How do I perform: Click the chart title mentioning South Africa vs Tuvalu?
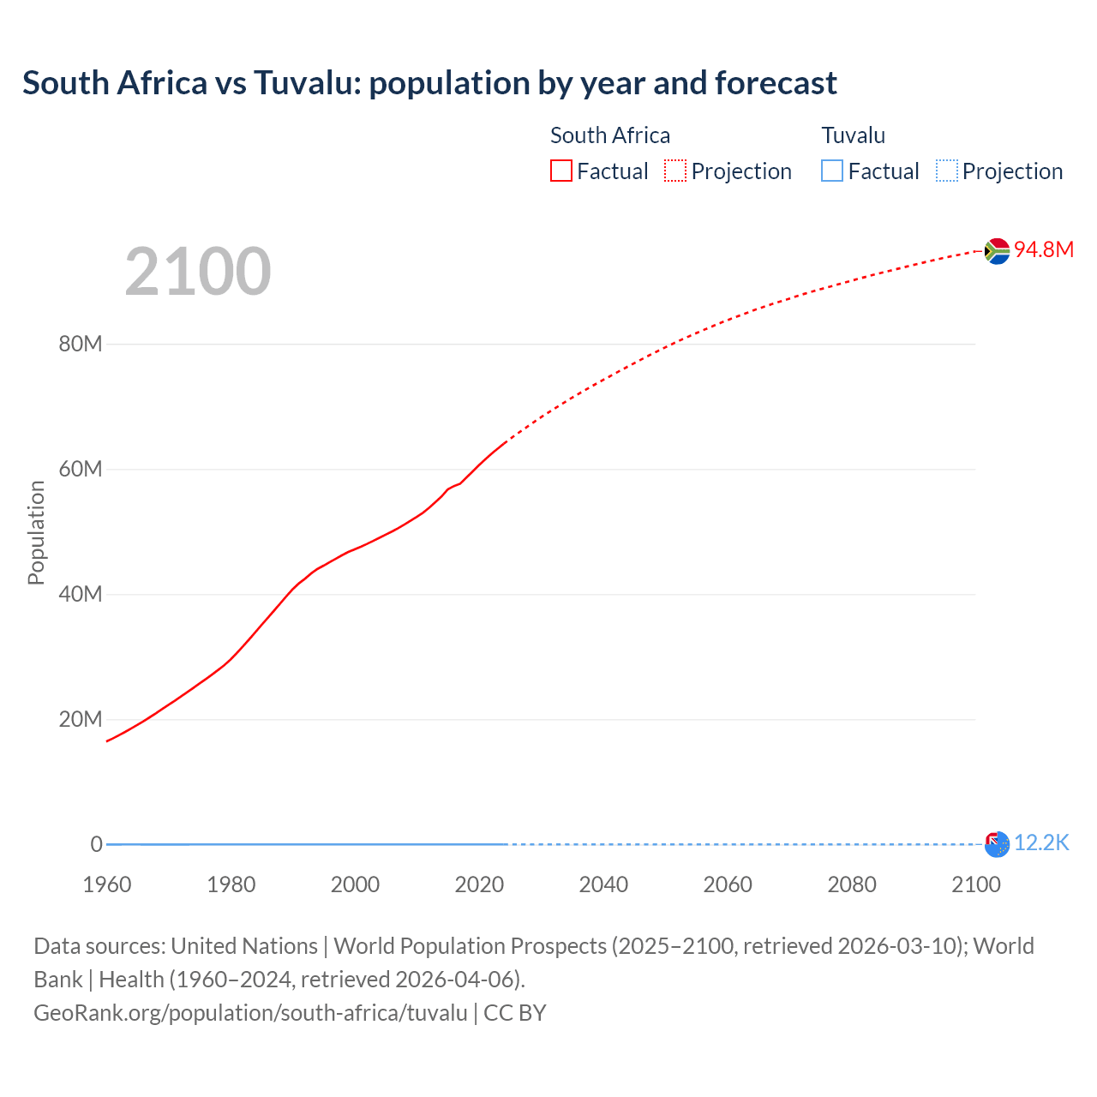coord(429,83)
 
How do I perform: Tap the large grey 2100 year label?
coord(198,272)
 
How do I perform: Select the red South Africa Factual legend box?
coord(561,171)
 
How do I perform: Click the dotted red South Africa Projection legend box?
coord(675,171)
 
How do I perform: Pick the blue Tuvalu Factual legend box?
coord(832,171)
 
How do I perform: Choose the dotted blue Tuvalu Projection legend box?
coord(947,171)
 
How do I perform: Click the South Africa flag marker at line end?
coord(997,250)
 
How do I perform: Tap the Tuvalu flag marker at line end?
coord(997,844)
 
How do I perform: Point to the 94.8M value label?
coord(1044,249)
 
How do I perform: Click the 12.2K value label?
coord(1041,843)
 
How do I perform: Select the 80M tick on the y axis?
coord(81,345)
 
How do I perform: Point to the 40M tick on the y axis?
coord(81,595)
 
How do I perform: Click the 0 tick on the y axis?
coord(96,844)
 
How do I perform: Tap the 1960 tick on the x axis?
coord(107,884)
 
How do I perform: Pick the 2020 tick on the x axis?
coord(479,884)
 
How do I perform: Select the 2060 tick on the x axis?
coord(728,884)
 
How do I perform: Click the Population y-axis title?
coord(36,532)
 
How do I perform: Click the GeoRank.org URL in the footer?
coord(250,1013)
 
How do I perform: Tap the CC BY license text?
coord(515,1013)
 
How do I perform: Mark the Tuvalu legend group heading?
coord(853,135)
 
